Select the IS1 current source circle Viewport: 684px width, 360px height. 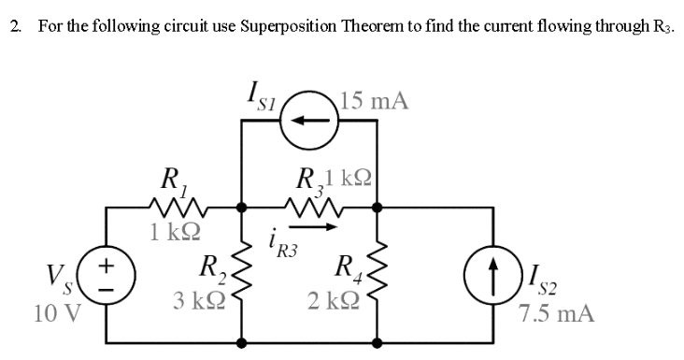point(310,122)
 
